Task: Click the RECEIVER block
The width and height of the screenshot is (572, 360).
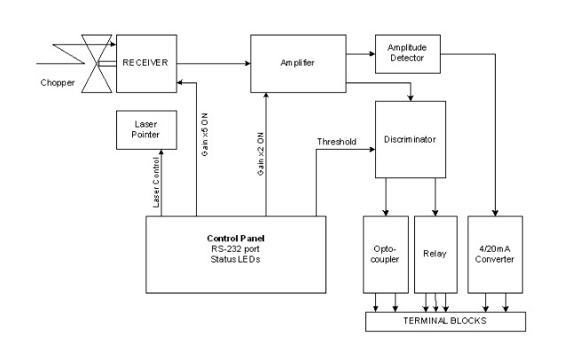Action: [146, 62]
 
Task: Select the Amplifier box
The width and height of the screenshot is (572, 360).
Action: [297, 63]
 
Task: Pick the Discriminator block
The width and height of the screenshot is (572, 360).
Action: [408, 138]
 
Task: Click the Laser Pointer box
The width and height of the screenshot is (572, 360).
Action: [143, 131]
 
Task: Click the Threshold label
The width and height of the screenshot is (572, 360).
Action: [337, 141]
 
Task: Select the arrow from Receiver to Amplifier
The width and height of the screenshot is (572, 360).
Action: [213, 62]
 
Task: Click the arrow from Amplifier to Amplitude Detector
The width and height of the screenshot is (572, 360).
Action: [359, 52]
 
